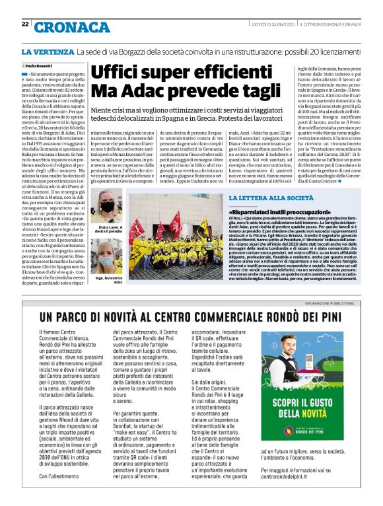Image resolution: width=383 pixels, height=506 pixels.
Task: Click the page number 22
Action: [x=24, y=24]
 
